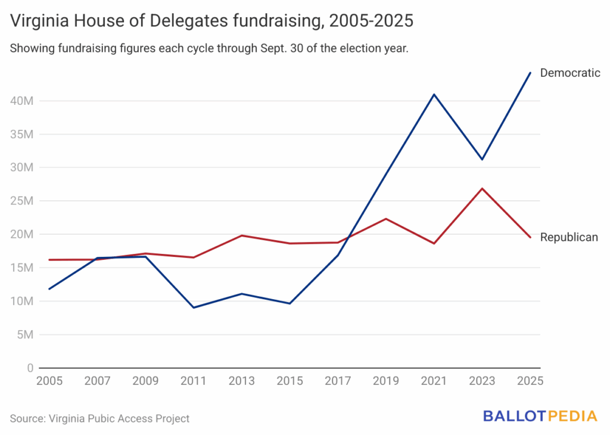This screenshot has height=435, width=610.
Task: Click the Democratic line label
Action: click(569, 73)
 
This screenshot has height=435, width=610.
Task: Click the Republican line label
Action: click(569, 237)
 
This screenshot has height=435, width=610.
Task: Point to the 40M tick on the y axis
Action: click(22, 101)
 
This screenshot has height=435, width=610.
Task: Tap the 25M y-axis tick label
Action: click(22, 201)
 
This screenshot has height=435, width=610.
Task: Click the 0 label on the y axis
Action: click(30, 368)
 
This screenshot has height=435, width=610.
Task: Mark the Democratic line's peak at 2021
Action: click(434, 94)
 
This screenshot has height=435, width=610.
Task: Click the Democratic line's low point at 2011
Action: click(194, 307)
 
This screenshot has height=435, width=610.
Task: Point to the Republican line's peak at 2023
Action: click(482, 188)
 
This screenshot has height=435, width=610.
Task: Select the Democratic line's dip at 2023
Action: click(482, 159)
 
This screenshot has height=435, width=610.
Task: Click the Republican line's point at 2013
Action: click(242, 235)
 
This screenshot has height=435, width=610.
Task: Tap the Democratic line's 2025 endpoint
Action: click(530, 73)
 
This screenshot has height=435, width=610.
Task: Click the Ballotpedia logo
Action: click(540, 416)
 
